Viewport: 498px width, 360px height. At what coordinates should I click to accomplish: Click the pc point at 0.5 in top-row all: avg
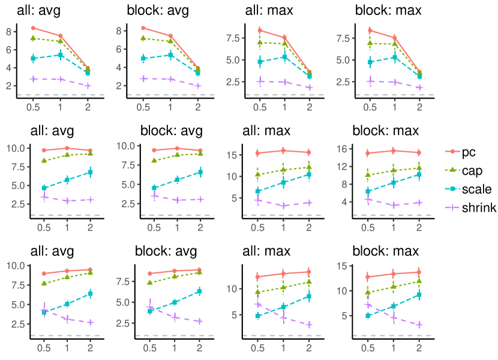pos(34,28)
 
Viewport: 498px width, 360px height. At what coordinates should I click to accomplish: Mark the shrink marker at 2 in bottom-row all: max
pos(309,325)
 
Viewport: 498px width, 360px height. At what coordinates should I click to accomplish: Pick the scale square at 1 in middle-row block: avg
pos(177,179)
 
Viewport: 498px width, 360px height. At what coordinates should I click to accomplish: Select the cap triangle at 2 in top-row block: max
pos(419,73)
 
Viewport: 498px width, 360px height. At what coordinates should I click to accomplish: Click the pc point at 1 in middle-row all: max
pos(283,151)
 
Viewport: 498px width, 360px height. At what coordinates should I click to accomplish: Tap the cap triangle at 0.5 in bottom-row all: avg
pos(44,283)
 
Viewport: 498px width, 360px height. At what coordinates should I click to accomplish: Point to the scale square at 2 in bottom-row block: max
pos(419,295)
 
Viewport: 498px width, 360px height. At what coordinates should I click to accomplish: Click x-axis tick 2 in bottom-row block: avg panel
pos(198,347)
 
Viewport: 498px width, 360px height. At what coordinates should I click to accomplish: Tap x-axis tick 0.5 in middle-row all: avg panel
pos(44,228)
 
